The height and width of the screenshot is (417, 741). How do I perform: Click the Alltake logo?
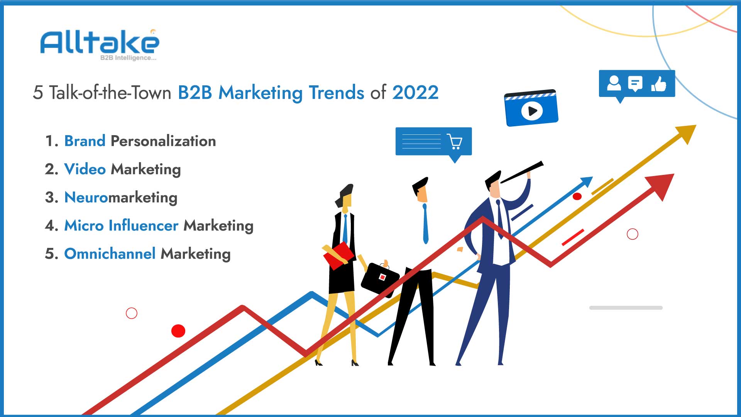(100, 44)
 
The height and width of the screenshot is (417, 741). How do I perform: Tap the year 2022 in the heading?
(415, 93)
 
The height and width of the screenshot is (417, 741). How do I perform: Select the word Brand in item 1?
(85, 141)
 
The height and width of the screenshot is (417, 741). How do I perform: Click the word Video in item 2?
(85, 169)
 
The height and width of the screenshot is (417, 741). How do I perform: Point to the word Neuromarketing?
(121, 197)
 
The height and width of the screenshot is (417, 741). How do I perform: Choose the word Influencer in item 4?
(144, 225)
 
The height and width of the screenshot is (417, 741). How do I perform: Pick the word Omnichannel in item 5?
(110, 254)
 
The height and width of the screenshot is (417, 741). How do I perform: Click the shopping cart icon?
(455, 141)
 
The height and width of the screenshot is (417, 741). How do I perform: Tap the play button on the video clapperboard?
(532, 111)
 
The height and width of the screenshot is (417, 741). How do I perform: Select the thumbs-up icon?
(659, 83)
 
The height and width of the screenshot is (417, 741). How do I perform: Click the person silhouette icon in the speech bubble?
(614, 83)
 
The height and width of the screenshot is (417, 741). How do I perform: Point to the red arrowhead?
(661, 186)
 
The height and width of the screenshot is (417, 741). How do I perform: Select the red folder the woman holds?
(338, 255)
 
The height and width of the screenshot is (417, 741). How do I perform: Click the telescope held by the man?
(522, 172)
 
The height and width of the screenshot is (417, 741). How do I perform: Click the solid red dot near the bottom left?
(178, 331)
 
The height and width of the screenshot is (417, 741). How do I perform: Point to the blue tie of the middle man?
(425, 224)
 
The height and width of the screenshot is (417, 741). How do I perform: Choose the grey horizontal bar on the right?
(626, 308)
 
